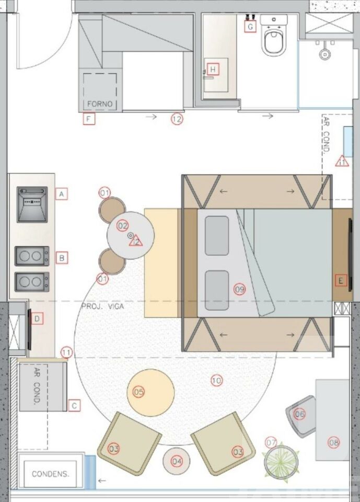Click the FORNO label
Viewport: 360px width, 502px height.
(100, 104)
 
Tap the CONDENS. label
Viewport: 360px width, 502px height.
(50, 474)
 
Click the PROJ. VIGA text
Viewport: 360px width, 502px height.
(103, 306)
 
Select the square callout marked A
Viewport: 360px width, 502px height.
(62, 193)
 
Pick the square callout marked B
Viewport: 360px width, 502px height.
(62, 258)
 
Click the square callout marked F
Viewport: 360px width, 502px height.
(89, 119)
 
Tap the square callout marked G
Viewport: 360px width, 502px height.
(250, 27)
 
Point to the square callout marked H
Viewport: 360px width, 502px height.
(213, 69)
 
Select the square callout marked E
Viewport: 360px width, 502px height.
(341, 281)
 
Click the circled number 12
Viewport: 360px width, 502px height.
(177, 119)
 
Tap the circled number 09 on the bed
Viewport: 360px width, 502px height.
(239, 289)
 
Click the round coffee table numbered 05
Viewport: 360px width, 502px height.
(150, 392)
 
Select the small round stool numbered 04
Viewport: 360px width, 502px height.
(176, 461)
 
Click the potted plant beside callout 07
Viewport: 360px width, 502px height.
(281, 462)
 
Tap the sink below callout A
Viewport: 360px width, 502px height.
(32, 205)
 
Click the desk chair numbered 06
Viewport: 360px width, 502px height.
(301, 416)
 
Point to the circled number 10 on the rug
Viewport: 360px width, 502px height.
(217, 380)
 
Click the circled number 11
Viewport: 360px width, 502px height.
(66, 353)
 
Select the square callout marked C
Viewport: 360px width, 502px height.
(74, 406)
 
